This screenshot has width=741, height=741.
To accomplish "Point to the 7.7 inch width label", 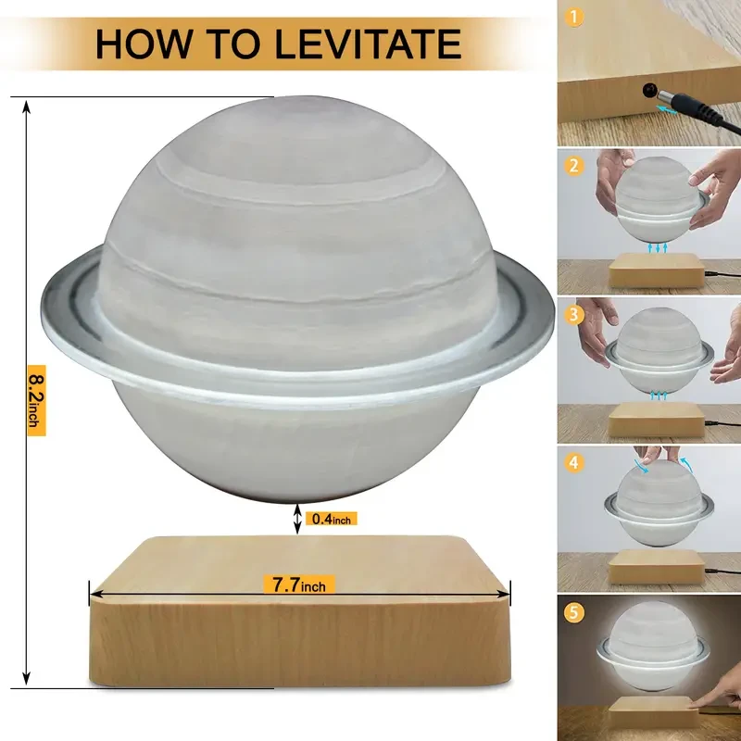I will (299, 584).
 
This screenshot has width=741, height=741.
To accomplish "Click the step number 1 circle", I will (576, 16).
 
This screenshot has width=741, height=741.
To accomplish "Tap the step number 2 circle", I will (576, 167).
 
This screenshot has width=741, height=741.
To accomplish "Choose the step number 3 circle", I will (576, 315).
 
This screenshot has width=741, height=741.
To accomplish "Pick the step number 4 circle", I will (576, 461).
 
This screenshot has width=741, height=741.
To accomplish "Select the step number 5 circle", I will (576, 610).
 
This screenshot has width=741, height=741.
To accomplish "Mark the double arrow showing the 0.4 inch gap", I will (297, 519).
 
